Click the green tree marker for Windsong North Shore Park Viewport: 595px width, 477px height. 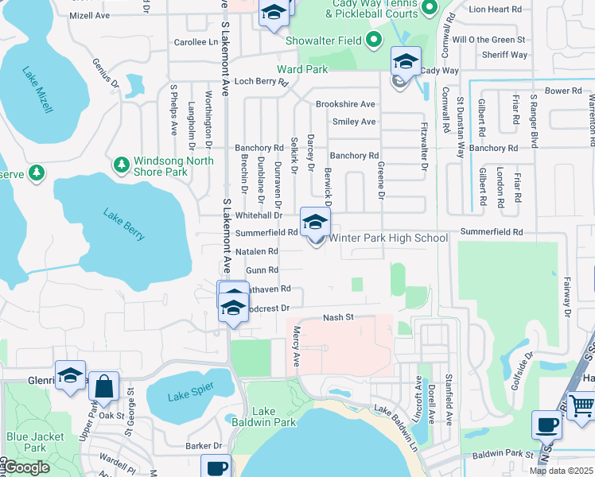pos(121,165)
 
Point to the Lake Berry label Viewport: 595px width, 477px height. pos(124,223)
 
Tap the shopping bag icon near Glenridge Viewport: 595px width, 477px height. pos(103,387)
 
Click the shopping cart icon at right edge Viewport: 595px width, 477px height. pos(582,406)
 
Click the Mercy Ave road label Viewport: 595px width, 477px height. pos(296,347)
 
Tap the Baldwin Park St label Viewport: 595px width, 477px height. pos(500,454)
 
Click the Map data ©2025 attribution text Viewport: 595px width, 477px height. pos(561,471)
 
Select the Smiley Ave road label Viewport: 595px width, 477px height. pos(354,122)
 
